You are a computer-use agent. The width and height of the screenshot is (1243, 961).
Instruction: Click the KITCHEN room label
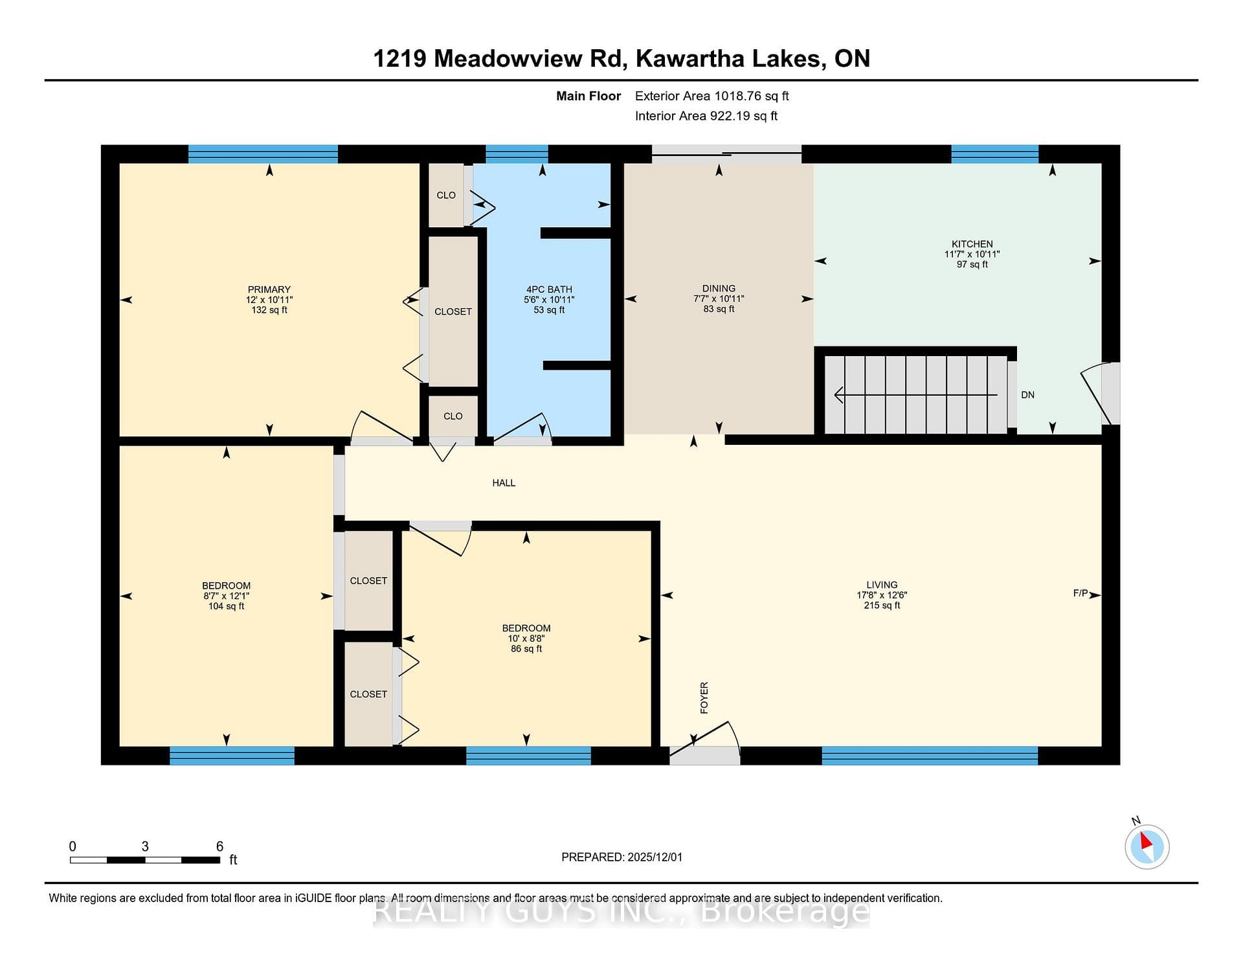coord(972,244)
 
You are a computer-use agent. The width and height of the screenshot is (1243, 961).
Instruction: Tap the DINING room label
coord(719,288)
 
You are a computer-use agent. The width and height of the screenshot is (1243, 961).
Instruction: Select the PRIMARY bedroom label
coord(269,289)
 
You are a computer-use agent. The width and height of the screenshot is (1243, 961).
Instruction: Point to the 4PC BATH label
coord(549,289)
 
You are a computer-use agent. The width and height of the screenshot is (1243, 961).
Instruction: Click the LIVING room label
coord(882,585)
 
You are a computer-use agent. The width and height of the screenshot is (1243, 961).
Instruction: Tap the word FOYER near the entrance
coord(704,697)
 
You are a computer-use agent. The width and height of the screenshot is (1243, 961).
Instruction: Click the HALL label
coord(504,482)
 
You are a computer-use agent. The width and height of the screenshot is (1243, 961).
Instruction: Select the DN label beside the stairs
coord(1027,394)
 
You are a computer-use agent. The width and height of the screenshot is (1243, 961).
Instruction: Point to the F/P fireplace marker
coord(1081,593)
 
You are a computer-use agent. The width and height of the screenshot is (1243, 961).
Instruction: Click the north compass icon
coord(1147,846)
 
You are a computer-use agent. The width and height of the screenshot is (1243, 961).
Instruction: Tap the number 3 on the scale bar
coord(145,846)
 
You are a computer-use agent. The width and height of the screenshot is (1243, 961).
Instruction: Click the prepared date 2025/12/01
coord(655,857)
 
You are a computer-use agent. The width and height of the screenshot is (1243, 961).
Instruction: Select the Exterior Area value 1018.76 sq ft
coord(751,96)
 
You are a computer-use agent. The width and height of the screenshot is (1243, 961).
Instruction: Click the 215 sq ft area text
coord(882,605)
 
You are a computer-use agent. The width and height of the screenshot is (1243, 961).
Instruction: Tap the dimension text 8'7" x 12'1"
coord(226,596)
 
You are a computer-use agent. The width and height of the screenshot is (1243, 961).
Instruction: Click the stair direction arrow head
coord(839,394)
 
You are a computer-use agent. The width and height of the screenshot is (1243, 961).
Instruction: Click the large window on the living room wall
coord(930,756)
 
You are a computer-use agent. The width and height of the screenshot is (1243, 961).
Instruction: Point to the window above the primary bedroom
coord(263,153)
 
